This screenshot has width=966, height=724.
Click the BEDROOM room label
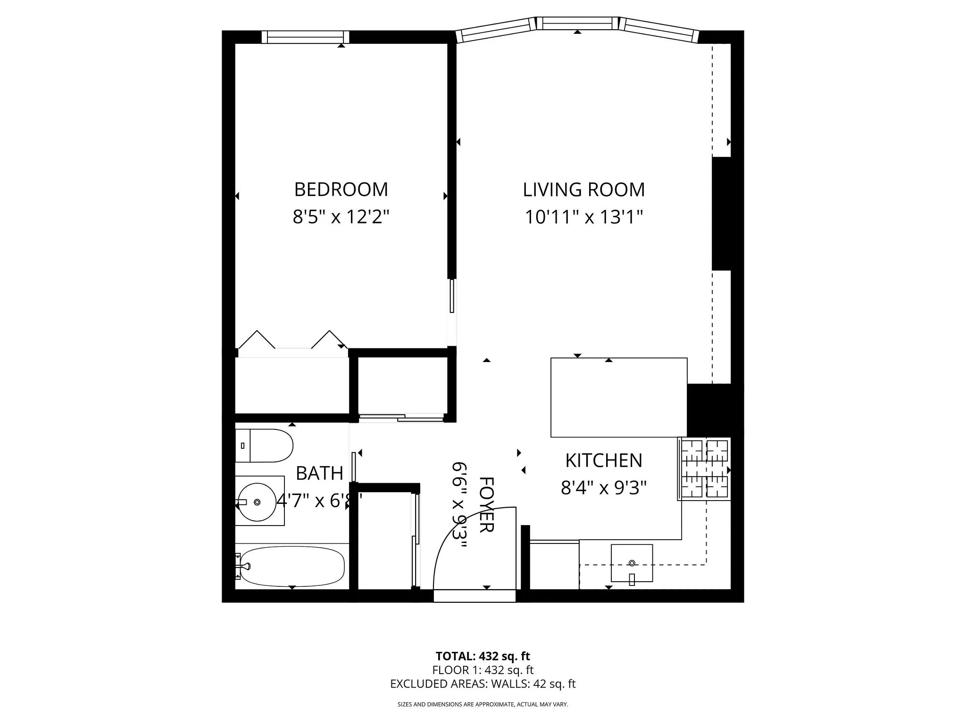point(341,189)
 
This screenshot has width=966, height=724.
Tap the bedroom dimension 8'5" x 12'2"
point(341,217)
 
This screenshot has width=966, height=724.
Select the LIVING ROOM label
point(583,189)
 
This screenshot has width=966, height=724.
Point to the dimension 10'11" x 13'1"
point(584,217)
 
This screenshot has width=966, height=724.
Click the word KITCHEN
point(604,461)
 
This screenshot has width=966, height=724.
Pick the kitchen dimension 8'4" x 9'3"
point(603,488)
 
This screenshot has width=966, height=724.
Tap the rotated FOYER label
point(486,504)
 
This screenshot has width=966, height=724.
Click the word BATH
point(319,473)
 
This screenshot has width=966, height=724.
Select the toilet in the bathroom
point(264,445)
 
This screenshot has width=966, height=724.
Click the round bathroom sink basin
point(257,502)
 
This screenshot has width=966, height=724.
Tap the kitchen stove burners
point(705,469)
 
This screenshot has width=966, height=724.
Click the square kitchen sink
point(632,563)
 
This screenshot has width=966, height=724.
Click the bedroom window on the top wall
point(305,37)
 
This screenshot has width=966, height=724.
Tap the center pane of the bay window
point(578,23)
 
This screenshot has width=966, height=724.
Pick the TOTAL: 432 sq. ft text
point(483,656)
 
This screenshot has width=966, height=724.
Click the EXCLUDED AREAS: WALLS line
point(483,684)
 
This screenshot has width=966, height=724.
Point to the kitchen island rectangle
point(618,397)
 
